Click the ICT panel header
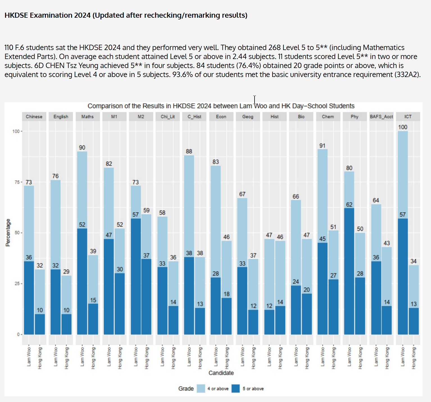click(408, 117)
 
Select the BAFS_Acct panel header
click(381, 117)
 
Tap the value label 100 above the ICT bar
click(403, 127)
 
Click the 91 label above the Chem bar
click(322, 146)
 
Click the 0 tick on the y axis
click(18, 334)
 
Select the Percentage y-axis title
click(8, 233)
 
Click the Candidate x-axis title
click(221, 373)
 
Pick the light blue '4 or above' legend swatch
click(201, 389)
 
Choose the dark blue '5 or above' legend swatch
click(236, 389)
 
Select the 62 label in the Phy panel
click(349, 205)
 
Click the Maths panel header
click(87, 117)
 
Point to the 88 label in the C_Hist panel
click(189, 152)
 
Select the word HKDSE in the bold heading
click(17, 15)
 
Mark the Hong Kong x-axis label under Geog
click(253, 358)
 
